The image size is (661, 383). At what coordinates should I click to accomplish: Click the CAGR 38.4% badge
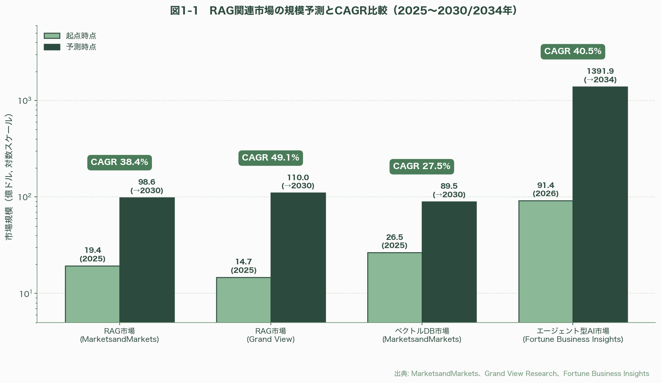(x=119, y=162)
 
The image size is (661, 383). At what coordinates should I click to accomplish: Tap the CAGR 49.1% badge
(x=270, y=158)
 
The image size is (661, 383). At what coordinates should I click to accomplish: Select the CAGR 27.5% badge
(x=422, y=166)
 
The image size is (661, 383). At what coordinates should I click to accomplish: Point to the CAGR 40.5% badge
(x=573, y=52)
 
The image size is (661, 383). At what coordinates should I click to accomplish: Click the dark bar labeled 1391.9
(x=600, y=204)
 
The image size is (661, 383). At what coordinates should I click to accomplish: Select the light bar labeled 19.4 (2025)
(x=92, y=294)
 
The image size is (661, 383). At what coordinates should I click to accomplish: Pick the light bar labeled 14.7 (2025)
(x=243, y=300)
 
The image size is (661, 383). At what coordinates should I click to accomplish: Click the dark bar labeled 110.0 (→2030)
(x=298, y=257)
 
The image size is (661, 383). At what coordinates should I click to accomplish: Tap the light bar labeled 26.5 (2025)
(x=395, y=287)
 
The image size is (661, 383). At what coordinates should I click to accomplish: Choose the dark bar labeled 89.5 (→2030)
(x=449, y=262)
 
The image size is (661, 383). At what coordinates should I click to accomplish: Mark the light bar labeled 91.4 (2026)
(x=546, y=261)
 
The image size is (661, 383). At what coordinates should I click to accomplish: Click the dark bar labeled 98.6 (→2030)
(x=147, y=260)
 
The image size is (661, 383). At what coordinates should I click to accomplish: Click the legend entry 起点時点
(x=70, y=36)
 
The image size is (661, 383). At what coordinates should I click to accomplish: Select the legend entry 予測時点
(x=70, y=47)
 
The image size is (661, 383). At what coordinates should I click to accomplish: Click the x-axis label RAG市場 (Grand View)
(x=270, y=335)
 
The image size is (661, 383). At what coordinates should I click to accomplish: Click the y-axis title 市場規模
(x=9, y=177)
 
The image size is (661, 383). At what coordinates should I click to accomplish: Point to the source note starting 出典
(x=521, y=374)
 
